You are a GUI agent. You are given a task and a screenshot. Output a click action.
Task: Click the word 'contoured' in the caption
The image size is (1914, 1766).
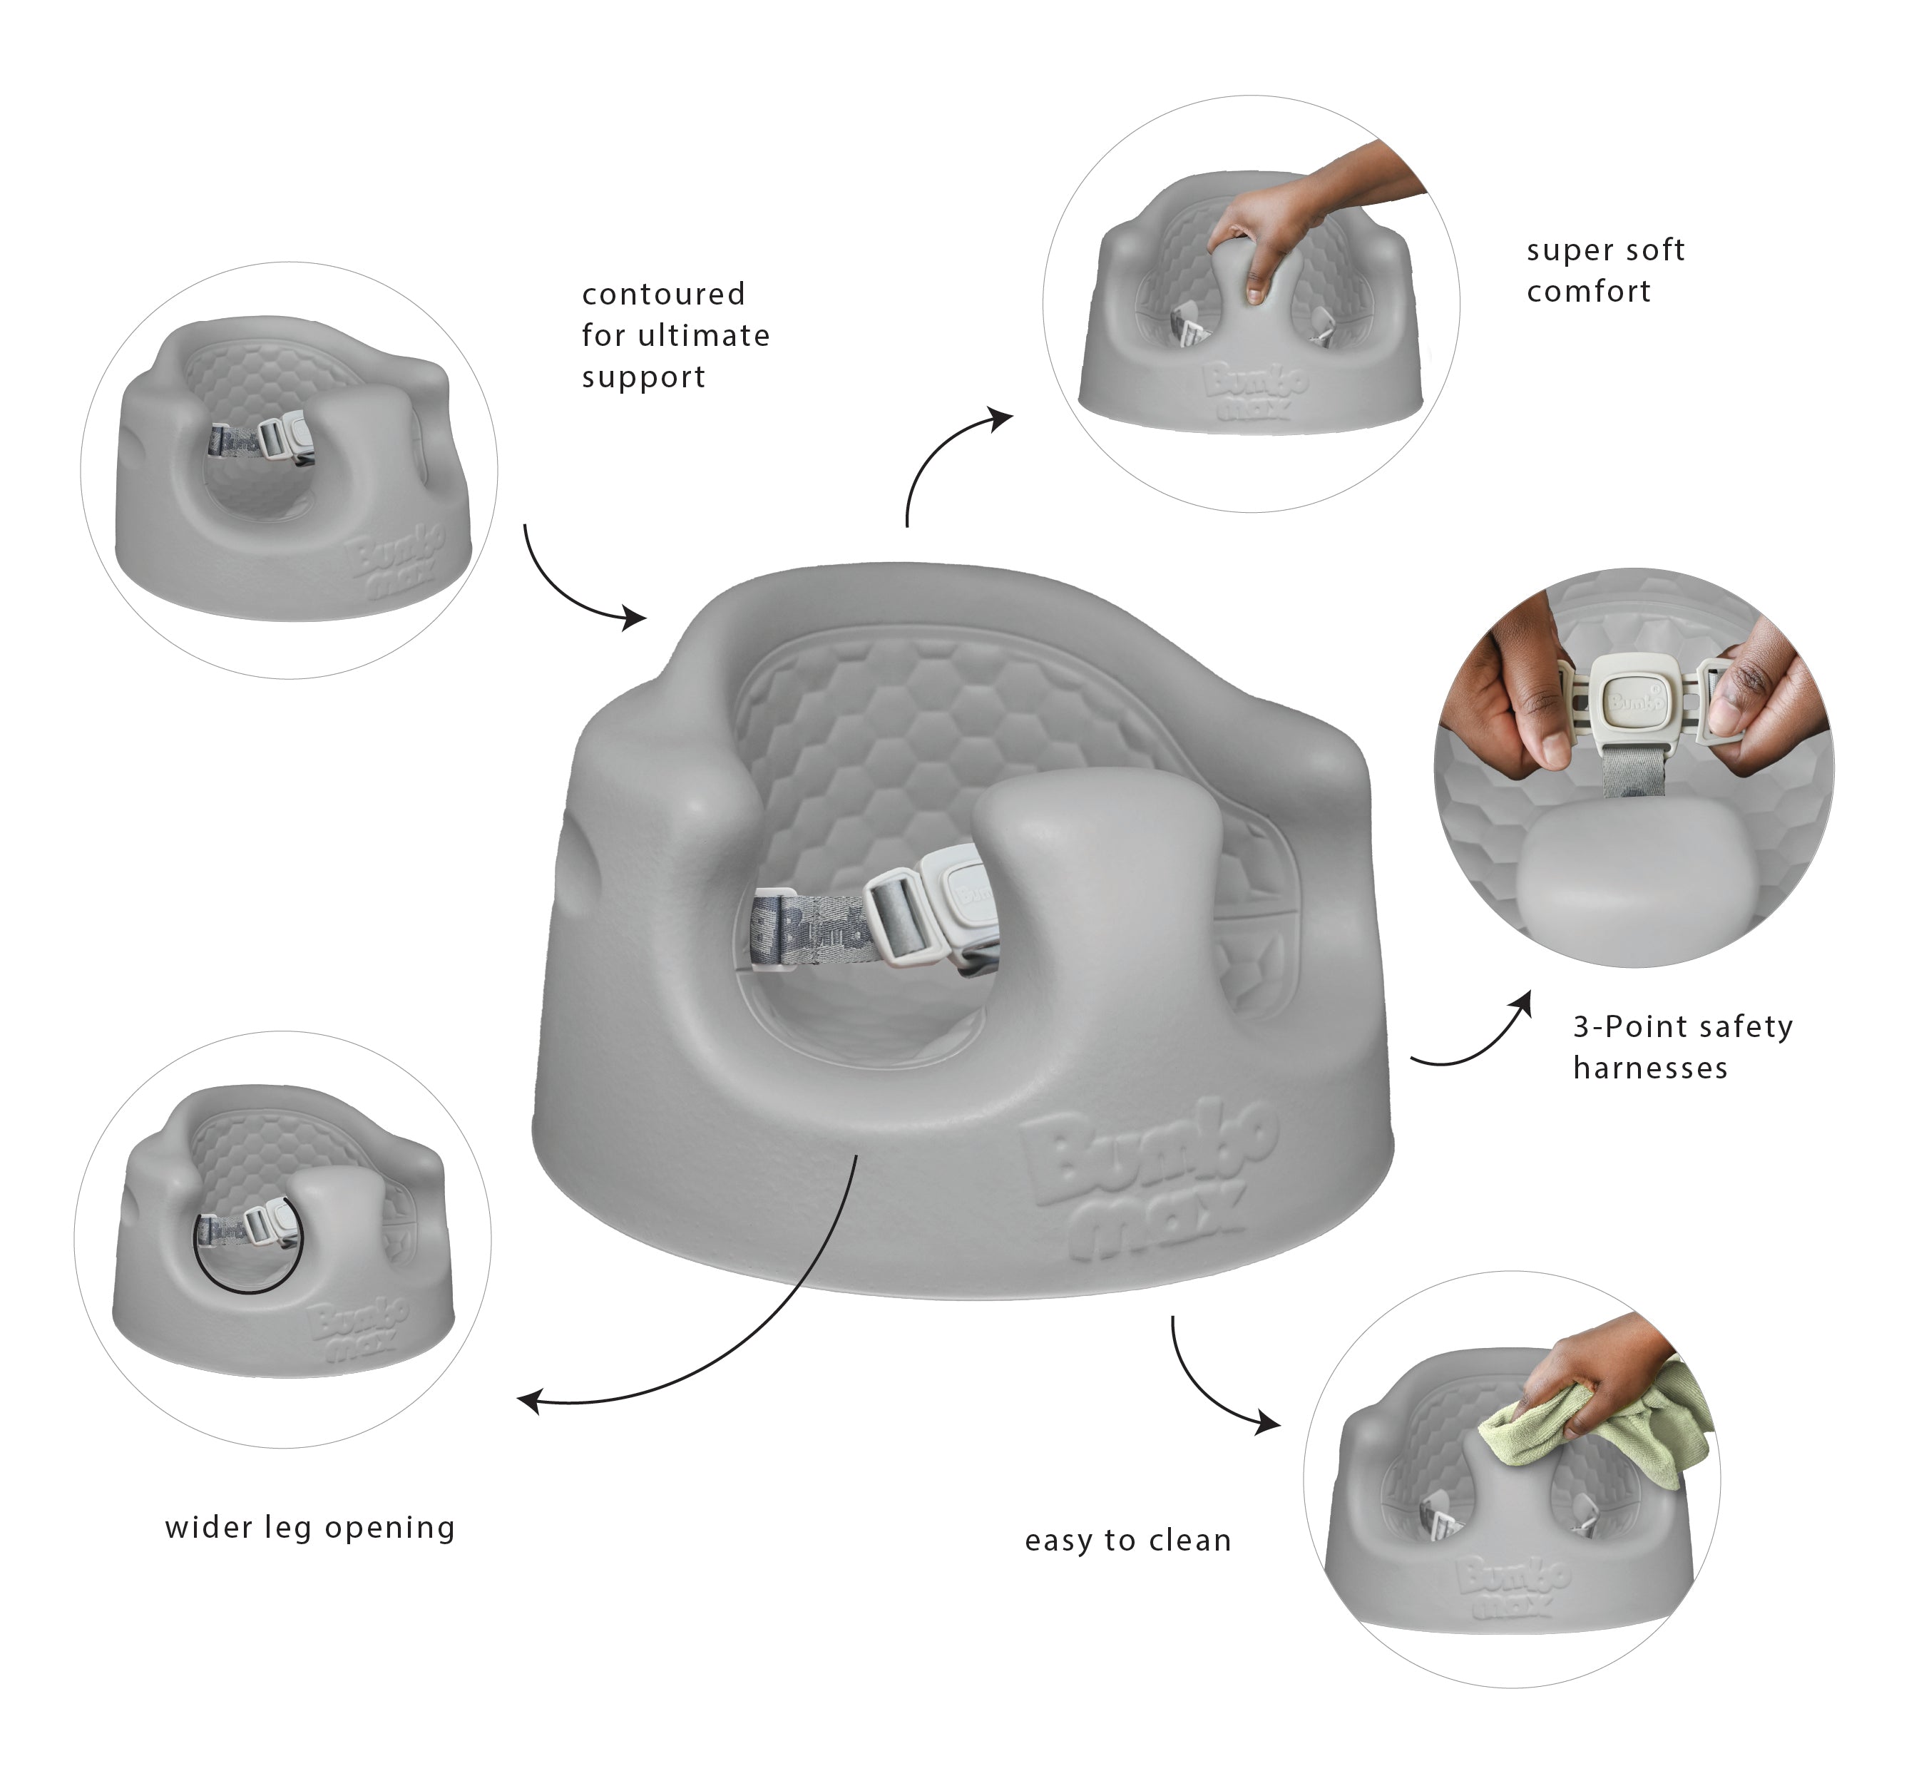663,295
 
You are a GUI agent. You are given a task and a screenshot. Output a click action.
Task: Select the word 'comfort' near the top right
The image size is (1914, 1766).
1588,292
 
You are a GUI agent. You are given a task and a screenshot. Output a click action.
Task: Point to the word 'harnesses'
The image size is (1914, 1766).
1650,1068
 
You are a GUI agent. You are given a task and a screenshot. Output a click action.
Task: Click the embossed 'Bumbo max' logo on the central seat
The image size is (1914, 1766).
1147,1185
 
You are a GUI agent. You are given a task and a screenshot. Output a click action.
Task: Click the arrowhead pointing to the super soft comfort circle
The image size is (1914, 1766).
1003,418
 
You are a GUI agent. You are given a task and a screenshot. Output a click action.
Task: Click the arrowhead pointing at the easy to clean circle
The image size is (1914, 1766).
1270,1423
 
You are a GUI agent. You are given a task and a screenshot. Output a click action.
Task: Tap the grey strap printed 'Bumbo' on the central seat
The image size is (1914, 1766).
807,924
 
